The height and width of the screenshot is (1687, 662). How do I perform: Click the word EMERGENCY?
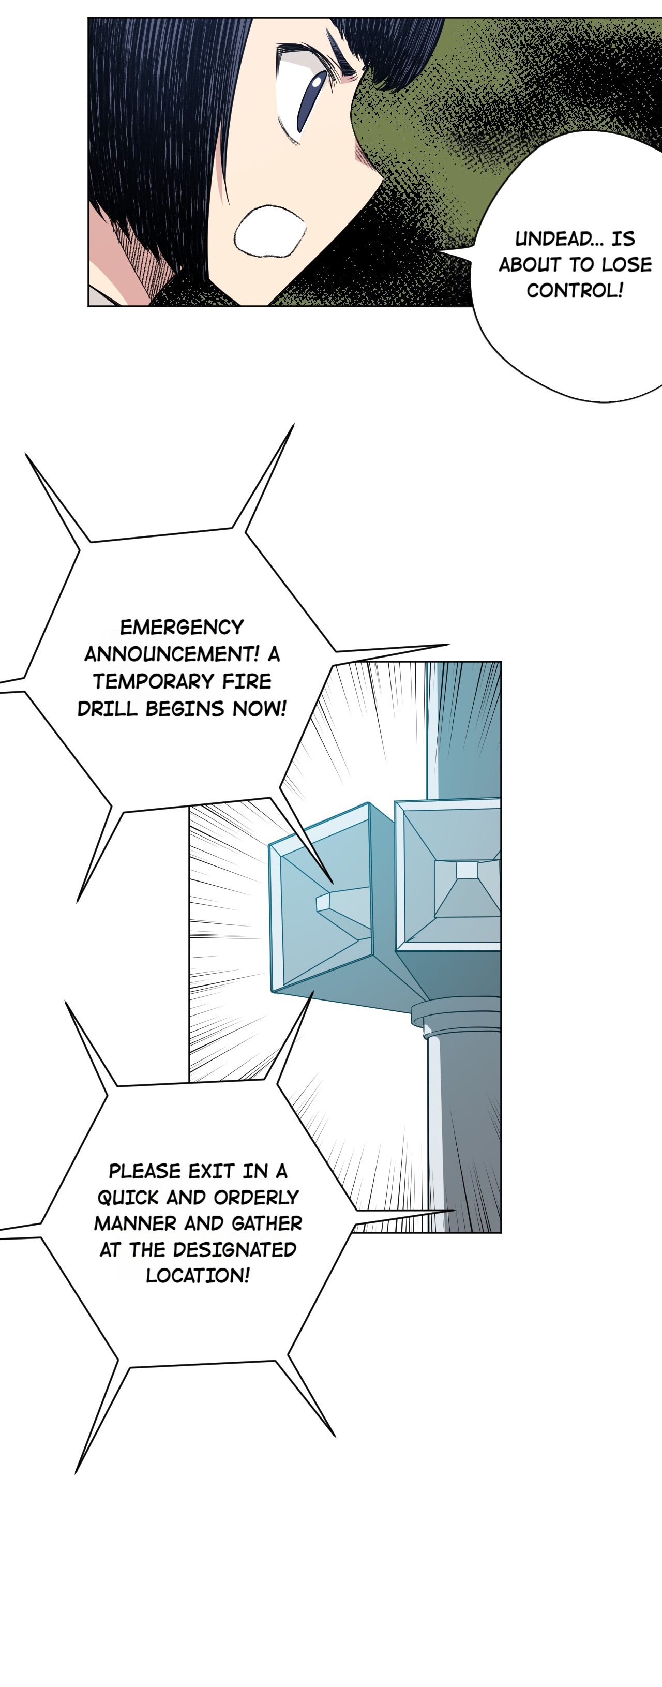click(182, 628)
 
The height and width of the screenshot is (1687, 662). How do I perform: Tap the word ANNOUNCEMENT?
click(172, 654)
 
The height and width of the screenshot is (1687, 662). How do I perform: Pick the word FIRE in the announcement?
click(246, 682)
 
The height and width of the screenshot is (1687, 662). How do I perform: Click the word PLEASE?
click(144, 1171)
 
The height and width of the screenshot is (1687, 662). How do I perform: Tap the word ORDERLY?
click(256, 1197)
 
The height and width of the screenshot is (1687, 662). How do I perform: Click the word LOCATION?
click(198, 1276)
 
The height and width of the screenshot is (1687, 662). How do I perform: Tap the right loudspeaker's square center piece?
click(467, 870)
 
